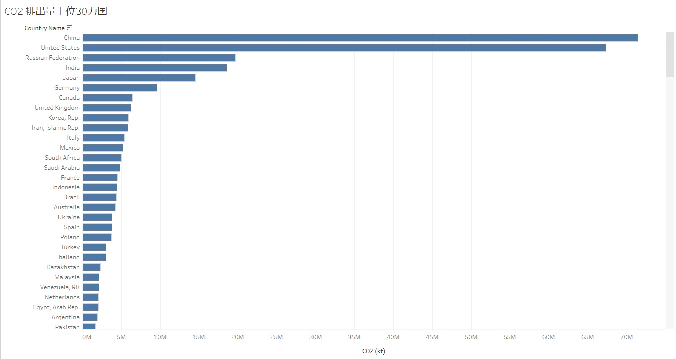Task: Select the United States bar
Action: click(x=344, y=48)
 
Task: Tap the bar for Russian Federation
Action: click(x=159, y=58)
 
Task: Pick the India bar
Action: click(x=155, y=68)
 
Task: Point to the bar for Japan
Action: click(x=139, y=78)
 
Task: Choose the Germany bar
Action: click(x=120, y=88)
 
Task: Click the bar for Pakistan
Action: click(x=89, y=327)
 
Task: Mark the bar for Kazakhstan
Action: click(x=92, y=267)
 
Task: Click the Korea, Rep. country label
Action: click(x=64, y=118)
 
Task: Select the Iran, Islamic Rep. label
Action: click(x=56, y=128)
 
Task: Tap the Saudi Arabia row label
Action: click(x=62, y=168)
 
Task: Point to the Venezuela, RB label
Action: click(x=60, y=287)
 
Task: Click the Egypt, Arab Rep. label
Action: click(x=56, y=307)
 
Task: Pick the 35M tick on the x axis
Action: click(x=354, y=338)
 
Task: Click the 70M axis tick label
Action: click(x=626, y=338)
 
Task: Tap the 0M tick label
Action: click(x=86, y=338)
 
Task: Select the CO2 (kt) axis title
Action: click(x=374, y=351)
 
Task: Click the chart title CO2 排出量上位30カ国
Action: click(x=56, y=11)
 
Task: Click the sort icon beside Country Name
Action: click(x=69, y=28)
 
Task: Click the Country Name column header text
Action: click(x=44, y=28)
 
